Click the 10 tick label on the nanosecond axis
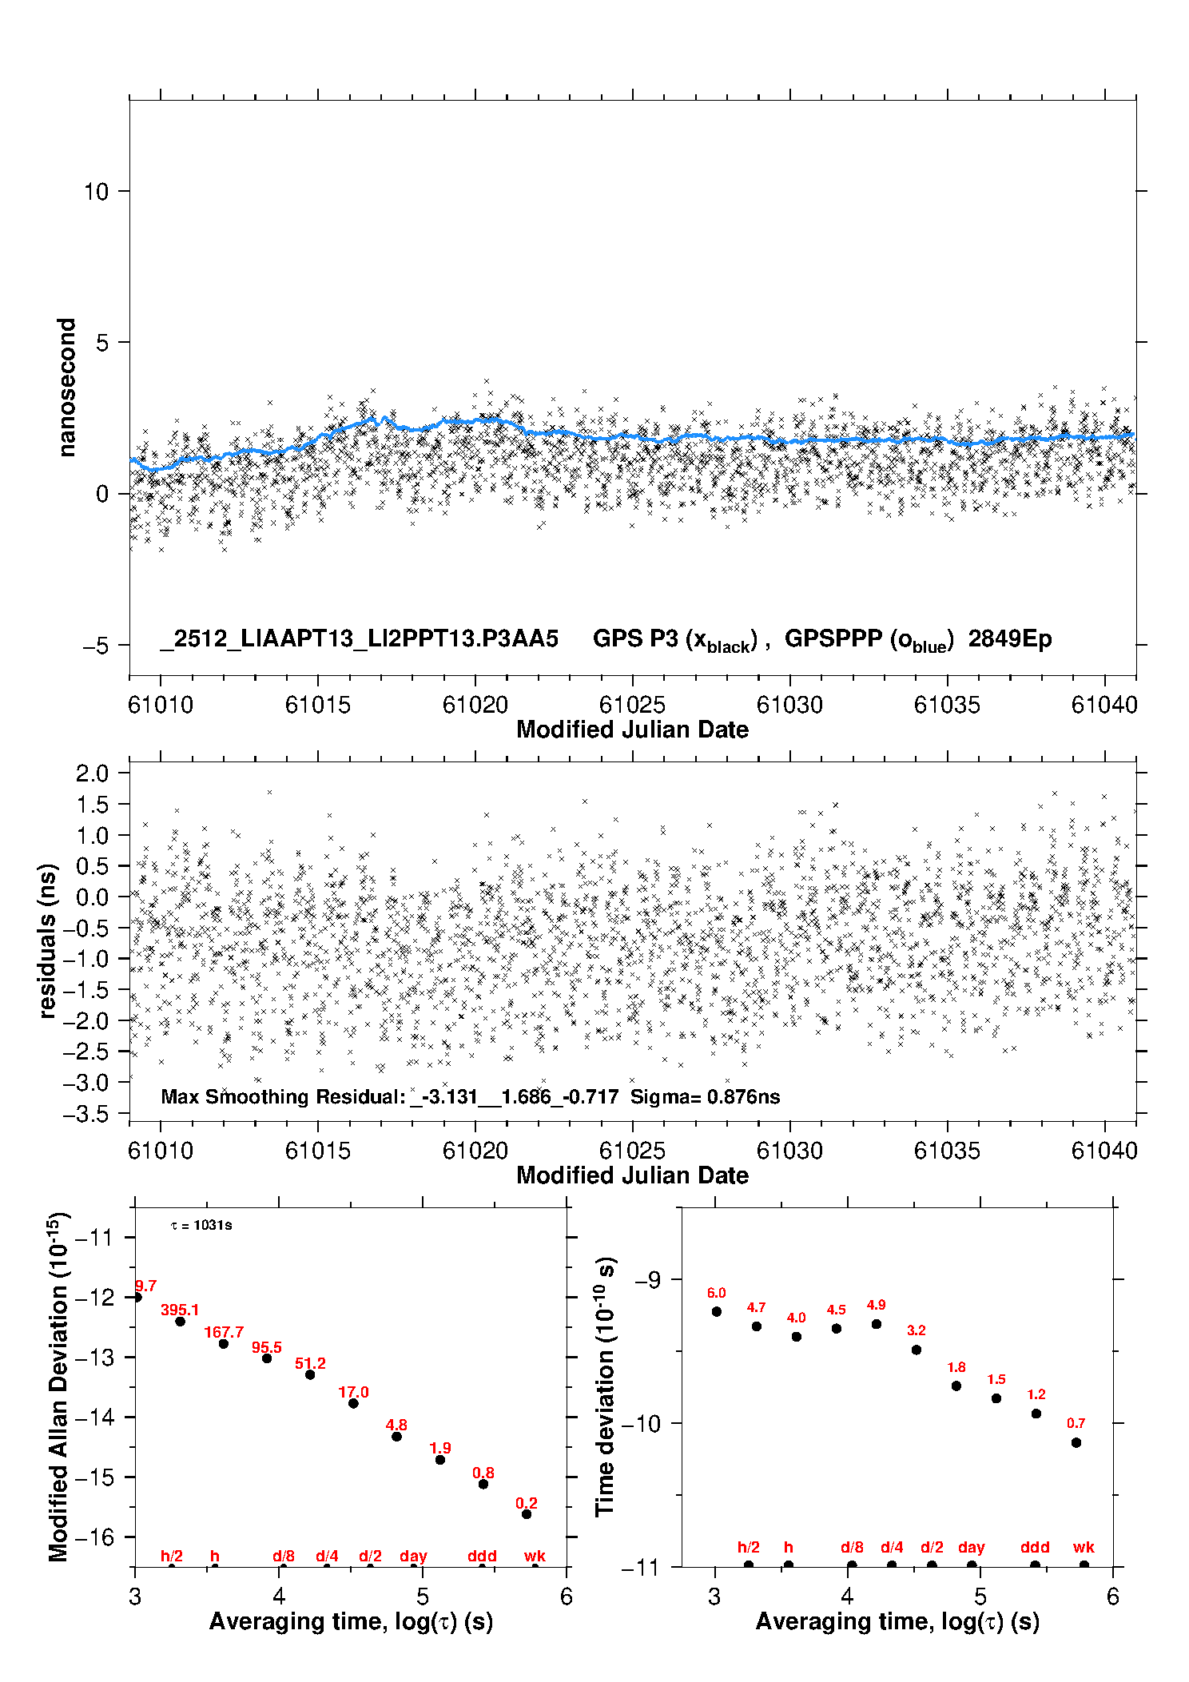[x=96, y=192]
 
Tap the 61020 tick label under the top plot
[x=475, y=705]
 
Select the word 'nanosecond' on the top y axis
[x=66, y=388]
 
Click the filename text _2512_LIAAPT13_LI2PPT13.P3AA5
[x=359, y=639]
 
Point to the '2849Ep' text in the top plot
[x=1010, y=639]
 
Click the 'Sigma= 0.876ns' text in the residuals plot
[x=705, y=1096]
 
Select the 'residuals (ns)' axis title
[x=48, y=940]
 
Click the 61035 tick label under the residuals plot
[x=947, y=1151]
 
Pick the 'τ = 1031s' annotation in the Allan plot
[x=201, y=1226]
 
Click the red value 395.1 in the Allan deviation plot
[x=180, y=1310]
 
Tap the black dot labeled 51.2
[x=310, y=1374]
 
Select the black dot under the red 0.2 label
[x=527, y=1514]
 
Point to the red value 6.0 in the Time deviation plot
[x=716, y=1293]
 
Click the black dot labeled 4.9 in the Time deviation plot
[x=877, y=1324]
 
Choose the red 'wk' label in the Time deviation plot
[x=1084, y=1548]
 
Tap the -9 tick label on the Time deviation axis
[x=647, y=1280]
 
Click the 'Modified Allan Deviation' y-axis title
[x=58, y=1386]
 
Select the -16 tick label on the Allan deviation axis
[x=94, y=1537]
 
